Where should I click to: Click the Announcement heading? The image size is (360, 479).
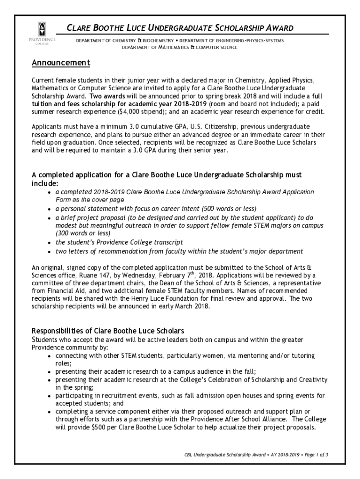(60, 63)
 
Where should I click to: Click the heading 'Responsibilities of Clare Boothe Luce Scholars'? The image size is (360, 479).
(108, 331)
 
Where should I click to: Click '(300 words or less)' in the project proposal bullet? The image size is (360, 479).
(83, 233)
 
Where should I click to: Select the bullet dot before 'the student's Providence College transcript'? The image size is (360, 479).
(50, 243)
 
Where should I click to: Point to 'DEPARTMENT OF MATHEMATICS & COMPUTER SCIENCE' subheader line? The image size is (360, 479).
(180, 48)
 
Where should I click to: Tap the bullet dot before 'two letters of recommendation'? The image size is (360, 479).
(50, 252)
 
